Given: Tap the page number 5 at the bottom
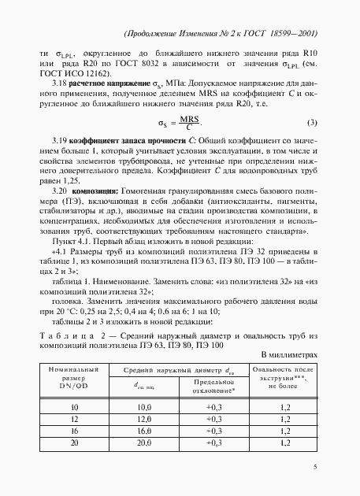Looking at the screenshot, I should pyautogui.click(x=315, y=468).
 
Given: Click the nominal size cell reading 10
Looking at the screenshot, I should pyautogui.click(x=75, y=407).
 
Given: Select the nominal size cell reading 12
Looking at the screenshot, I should pyautogui.click(x=75, y=420).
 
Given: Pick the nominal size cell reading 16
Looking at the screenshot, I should pyautogui.click(x=75, y=432).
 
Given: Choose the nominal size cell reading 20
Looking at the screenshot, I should pyautogui.click(x=75, y=445).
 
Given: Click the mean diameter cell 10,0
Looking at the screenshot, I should pyautogui.click(x=144, y=407).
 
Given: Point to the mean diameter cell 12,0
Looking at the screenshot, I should pyautogui.click(x=144, y=420).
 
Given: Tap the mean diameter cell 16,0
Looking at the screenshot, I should pyautogui.click(x=144, y=432).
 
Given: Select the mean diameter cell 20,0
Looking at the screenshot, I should pyautogui.click(x=144, y=445).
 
